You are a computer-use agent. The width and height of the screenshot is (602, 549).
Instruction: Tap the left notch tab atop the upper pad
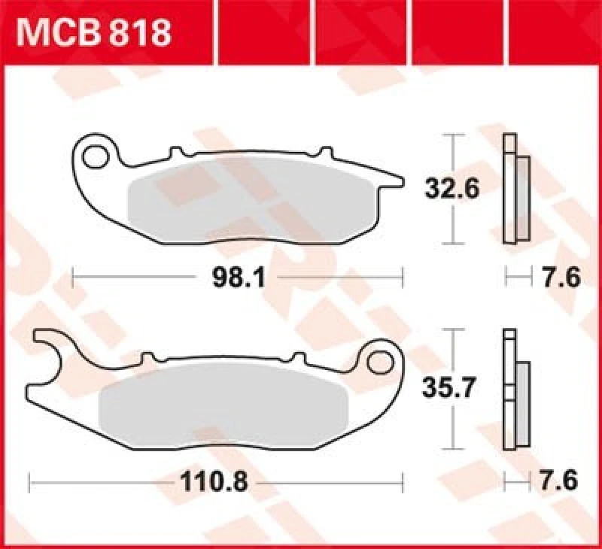176,153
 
